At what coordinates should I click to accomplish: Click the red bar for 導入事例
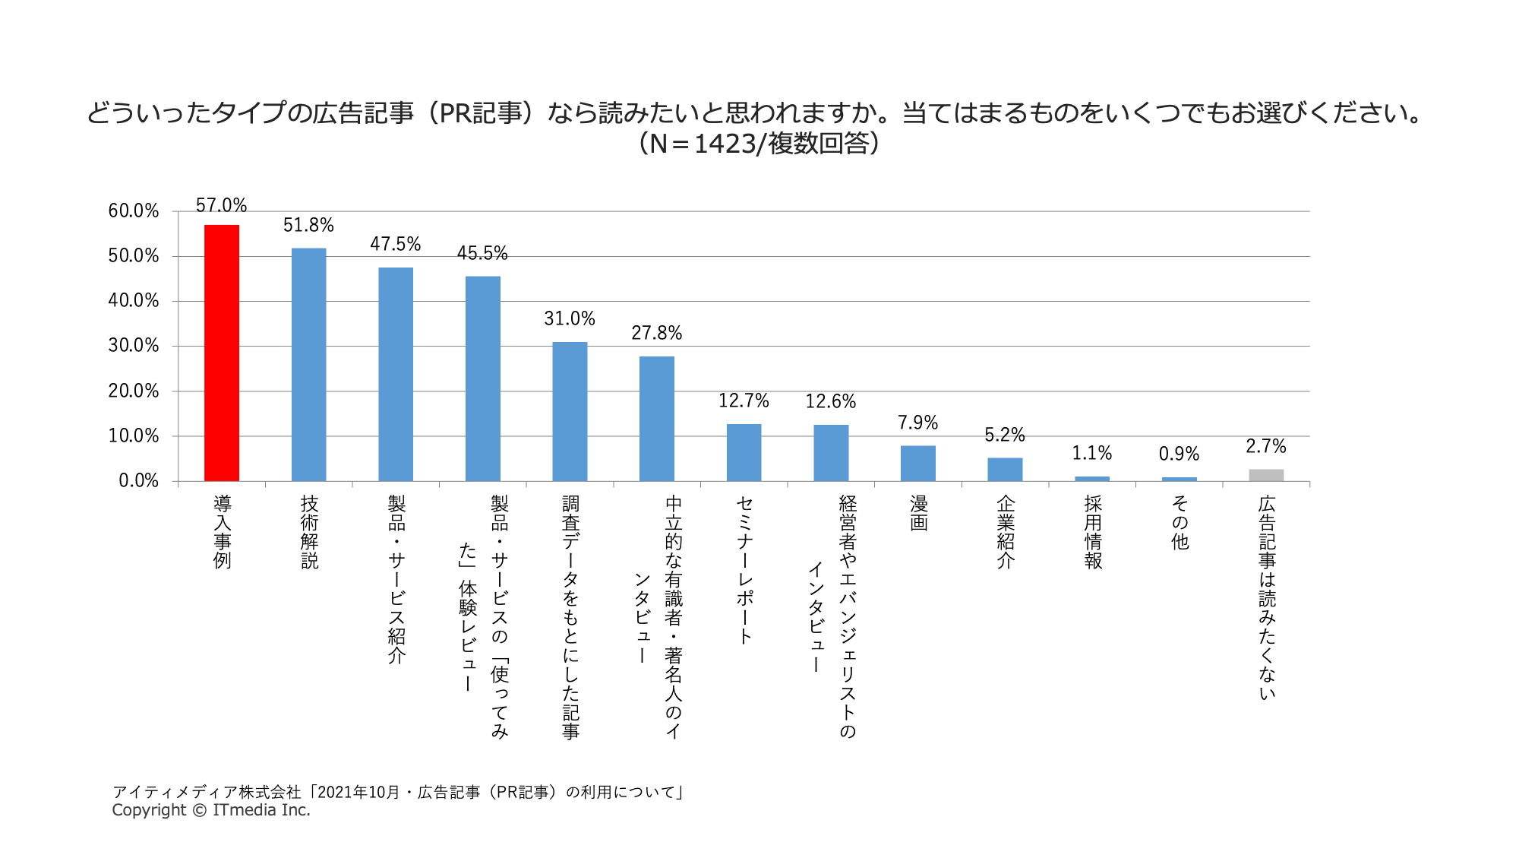coord(222,353)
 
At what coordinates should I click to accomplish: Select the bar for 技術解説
coord(308,365)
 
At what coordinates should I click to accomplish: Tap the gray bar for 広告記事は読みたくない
coord(1266,475)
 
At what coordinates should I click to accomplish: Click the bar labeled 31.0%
coord(570,412)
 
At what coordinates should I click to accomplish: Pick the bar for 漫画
coord(917,464)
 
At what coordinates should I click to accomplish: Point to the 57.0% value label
coord(221,205)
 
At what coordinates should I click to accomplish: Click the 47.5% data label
coord(395,244)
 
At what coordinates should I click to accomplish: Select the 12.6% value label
coord(830,401)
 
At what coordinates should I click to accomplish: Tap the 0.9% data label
coord(1179,454)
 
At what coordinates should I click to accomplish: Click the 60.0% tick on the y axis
coord(134,211)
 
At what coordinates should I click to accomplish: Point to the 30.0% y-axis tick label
coord(134,346)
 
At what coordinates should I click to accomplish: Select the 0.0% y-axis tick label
coord(138,480)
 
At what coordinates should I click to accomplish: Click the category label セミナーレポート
coord(744,570)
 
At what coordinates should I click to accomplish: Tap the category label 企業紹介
coord(1006,532)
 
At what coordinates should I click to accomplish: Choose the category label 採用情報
coord(1092,532)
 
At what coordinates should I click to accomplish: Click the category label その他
coord(1179,523)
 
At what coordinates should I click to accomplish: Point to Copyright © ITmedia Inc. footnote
coord(211,810)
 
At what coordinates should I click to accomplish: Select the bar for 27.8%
coord(656,419)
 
